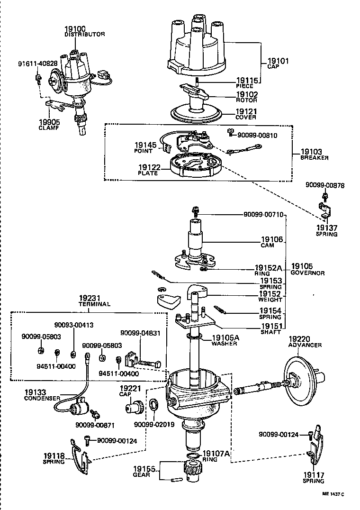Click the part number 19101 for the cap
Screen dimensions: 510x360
[x=278, y=62]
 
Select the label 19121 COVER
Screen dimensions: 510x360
[x=246, y=114]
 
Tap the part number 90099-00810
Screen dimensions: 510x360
[x=258, y=135]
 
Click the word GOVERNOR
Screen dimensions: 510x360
[x=307, y=273]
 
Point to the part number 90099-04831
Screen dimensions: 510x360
[x=140, y=333]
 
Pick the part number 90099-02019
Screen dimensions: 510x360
[x=154, y=425]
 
